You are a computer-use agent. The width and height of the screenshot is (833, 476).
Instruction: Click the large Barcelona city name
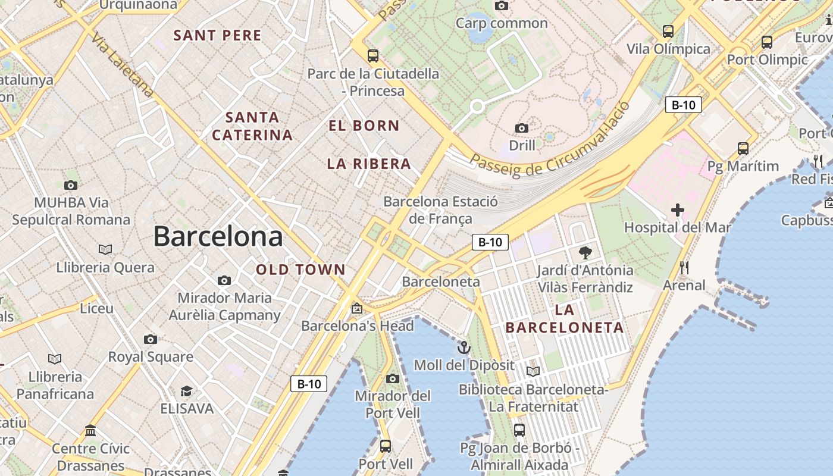[x=218, y=236]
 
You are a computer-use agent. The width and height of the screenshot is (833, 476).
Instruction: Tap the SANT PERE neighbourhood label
[x=217, y=36]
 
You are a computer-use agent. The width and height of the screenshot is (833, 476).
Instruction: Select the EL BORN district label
[x=364, y=126]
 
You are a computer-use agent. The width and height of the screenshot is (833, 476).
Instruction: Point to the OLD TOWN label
[x=300, y=270]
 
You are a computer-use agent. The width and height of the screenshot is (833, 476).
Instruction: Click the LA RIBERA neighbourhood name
[x=369, y=164]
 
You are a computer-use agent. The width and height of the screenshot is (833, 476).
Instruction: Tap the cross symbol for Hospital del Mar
[x=677, y=210]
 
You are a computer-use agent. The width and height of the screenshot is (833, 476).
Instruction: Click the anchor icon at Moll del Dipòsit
[x=464, y=347]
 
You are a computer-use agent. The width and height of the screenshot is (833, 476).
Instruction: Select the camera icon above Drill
[x=522, y=128]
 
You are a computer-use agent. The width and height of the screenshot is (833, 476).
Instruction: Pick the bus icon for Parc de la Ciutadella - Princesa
[x=373, y=56]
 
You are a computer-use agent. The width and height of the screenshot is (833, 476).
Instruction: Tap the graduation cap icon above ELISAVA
[x=187, y=391]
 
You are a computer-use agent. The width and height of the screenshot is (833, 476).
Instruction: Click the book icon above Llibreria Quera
[x=105, y=249]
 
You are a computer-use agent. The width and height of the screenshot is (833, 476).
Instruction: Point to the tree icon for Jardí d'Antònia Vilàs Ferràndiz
[x=585, y=253]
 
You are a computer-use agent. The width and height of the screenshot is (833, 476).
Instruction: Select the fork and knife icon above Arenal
[x=684, y=268]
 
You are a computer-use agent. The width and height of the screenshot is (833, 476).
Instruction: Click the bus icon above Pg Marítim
[x=743, y=148]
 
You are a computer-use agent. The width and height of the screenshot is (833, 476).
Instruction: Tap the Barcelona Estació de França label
[x=440, y=210]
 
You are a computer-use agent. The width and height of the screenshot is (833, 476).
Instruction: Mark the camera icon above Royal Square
[x=151, y=339]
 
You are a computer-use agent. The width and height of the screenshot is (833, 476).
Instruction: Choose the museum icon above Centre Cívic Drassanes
[x=90, y=430]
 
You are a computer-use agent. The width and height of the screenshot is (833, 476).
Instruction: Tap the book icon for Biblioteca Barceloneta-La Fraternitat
[x=533, y=371]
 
